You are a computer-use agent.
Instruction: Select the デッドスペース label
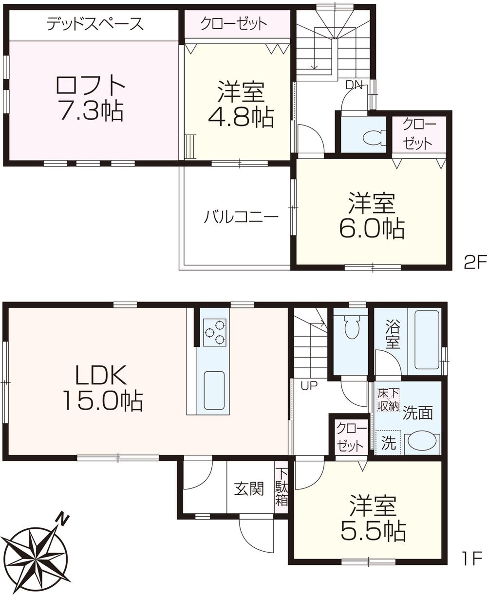pos(95,24)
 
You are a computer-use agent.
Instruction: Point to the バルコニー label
pos(241,216)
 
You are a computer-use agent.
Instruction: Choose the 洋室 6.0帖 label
pos(371,215)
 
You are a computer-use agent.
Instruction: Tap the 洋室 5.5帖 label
pos(372,519)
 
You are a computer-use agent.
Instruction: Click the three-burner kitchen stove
pos(215,332)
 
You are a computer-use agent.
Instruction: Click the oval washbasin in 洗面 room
pos(422,441)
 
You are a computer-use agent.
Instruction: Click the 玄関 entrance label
pos(249,488)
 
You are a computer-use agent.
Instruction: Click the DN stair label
pos(354,85)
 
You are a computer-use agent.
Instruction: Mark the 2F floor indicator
pos(475,263)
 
